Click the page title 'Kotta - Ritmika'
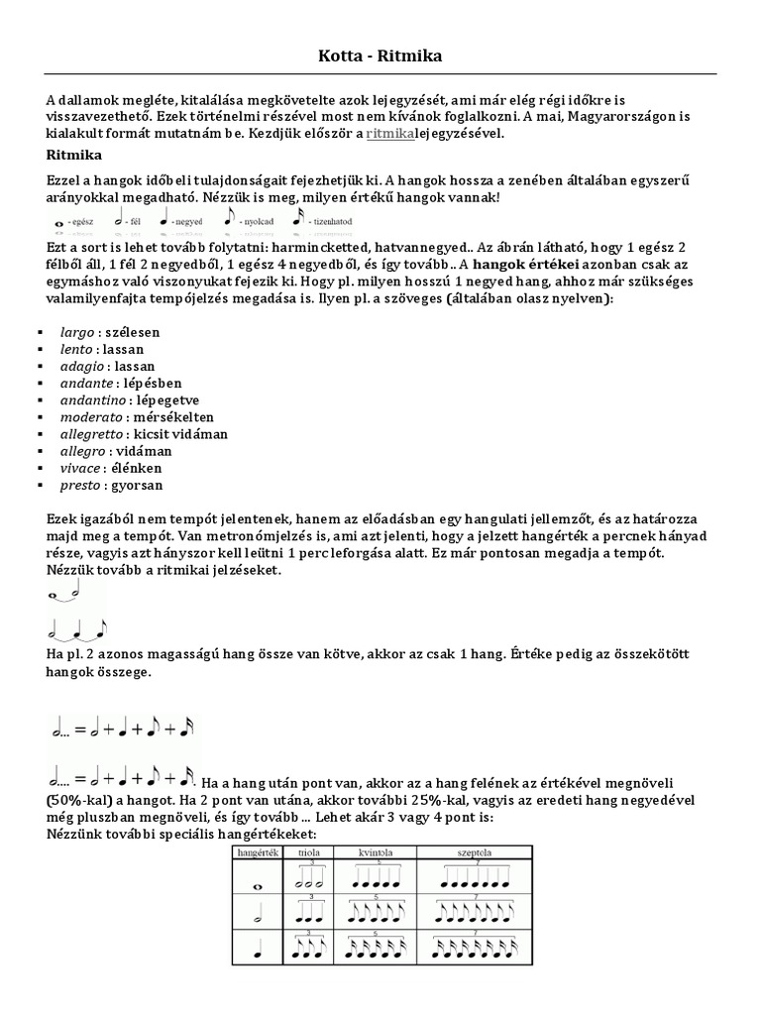pyautogui.click(x=380, y=57)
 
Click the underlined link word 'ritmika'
pyautogui.click(x=389, y=133)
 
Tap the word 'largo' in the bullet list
pyautogui.click(x=78, y=332)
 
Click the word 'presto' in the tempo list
pyautogui.click(x=80, y=485)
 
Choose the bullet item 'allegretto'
pyautogui.click(x=91, y=434)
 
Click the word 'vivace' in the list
pyautogui.click(x=80, y=468)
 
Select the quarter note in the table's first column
pyautogui.click(x=257, y=951)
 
